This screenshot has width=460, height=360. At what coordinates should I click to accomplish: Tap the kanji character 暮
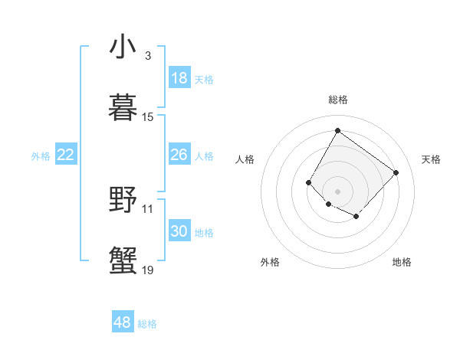click(123, 107)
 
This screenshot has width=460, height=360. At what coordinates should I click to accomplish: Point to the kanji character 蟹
click(123, 260)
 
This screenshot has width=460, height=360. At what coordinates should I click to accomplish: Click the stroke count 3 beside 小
click(147, 56)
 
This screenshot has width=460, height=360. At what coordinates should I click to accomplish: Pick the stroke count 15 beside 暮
click(148, 117)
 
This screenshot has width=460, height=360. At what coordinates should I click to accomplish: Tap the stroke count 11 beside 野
click(148, 208)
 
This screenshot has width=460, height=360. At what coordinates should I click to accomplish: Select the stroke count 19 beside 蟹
click(148, 270)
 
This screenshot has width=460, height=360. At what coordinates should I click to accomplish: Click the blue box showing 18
click(179, 79)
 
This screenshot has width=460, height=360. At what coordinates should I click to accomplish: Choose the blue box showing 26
click(179, 155)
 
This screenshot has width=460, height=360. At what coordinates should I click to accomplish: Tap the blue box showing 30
click(179, 231)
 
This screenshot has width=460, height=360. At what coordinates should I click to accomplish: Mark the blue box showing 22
click(66, 155)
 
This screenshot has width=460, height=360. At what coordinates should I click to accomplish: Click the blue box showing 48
click(123, 322)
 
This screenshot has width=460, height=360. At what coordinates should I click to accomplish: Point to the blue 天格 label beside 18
click(204, 80)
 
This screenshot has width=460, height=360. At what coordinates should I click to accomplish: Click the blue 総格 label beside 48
click(147, 324)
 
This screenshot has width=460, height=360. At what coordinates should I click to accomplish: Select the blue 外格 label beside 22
click(41, 156)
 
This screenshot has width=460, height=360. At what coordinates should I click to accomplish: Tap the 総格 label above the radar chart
click(337, 100)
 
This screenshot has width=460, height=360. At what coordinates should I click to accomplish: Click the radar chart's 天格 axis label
click(431, 159)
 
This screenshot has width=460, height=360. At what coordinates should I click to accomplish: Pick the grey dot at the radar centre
click(337, 191)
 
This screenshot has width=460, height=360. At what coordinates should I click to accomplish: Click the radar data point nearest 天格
click(396, 172)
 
